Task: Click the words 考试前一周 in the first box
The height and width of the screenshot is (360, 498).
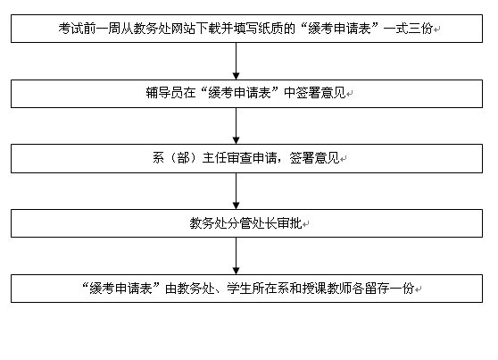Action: pos(89,29)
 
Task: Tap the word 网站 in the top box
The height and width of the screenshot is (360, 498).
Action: pos(183,29)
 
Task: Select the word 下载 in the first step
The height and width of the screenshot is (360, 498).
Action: pos(208,29)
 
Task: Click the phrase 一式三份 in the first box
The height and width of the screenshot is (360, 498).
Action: pos(408,29)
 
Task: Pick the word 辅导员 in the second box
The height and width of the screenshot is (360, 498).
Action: pos(164,93)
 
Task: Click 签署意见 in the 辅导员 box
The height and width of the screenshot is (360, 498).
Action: pos(320,93)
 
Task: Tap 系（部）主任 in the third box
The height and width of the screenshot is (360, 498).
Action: pos(189,158)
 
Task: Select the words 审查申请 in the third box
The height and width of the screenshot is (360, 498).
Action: pos(252,158)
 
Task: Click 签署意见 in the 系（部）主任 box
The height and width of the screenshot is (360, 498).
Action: pos(314,158)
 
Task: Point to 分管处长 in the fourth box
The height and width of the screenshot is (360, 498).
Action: pos(252,223)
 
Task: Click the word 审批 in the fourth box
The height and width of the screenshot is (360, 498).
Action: pos(289,223)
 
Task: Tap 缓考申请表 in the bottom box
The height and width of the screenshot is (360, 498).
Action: pos(120,289)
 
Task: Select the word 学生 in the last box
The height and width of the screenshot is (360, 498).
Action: pos(239,289)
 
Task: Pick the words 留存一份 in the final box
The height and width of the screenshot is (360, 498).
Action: pos(389,289)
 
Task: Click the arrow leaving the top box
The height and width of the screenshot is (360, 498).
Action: pos(236,61)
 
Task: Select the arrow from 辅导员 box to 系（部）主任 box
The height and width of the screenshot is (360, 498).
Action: pos(236,126)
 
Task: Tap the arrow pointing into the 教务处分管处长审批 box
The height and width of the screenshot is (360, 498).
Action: pos(236,191)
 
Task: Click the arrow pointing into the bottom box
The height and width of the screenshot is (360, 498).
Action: pos(236,256)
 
